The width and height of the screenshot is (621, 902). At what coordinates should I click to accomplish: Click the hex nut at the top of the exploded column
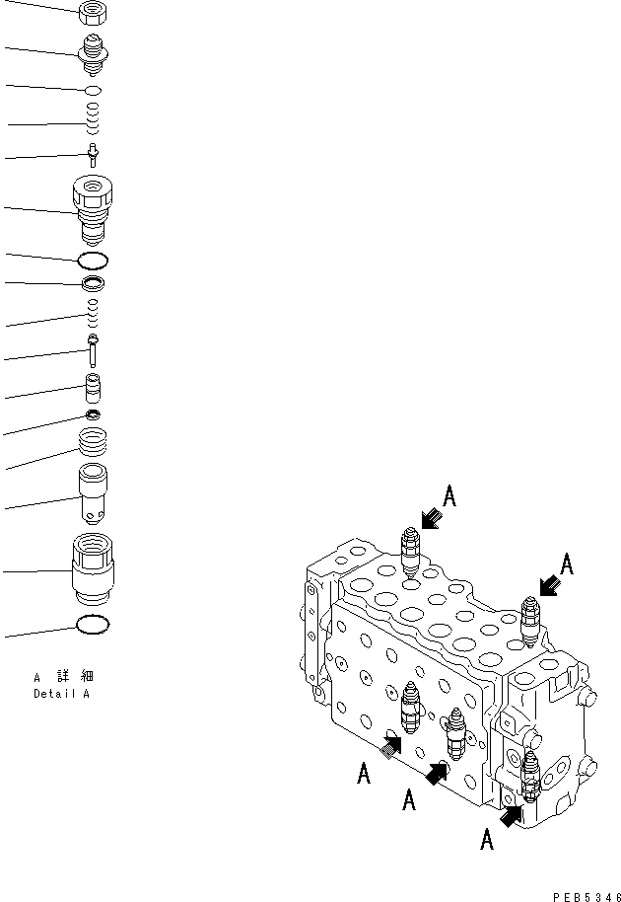pyautogui.click(x=92, y=12)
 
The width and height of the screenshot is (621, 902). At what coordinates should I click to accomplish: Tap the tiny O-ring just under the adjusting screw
pyautogui.click(x=93, y=90)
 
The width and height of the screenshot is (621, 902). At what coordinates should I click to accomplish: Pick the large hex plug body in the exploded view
pyautogui.click(x=94, y=209)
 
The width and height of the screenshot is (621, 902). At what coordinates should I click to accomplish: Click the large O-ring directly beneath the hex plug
pyautogui.click(x=93, y=261)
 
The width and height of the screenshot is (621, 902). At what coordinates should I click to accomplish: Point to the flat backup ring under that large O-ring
pyautogui.click(x=93, y=285)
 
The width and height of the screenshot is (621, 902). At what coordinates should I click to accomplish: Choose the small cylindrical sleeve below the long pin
pyautogui.click(x=93, y=387)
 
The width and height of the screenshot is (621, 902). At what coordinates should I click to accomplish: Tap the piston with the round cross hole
pyautogui.click(x=93, y=495)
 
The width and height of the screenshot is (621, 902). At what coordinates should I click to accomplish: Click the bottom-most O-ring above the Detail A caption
pyautogui.click(x=93, y=626)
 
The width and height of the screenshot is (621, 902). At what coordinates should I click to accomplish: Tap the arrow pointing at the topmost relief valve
pyautogui.click(x=430, y=519)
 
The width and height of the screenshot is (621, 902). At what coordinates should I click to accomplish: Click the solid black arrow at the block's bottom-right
pyautogui.click(x=512, y=814)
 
